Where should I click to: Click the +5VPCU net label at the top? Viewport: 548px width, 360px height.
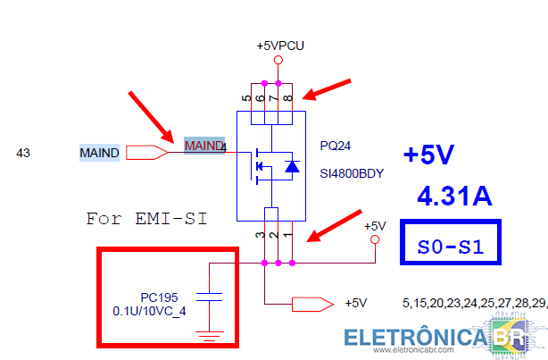pos(280,46)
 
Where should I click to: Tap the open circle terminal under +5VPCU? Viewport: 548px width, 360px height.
pos(278,60)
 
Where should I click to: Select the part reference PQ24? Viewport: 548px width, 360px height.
pos(336,146)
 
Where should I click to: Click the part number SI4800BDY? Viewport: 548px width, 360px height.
pos(352,173)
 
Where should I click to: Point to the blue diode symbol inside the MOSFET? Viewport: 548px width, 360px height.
pos(292,166)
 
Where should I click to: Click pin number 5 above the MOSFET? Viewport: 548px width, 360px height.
pos(246,98)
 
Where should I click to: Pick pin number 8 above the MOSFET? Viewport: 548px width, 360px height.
pos(287,98)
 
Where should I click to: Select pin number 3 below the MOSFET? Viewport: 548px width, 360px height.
pos(260,234)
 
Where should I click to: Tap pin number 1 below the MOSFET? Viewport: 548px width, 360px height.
pos(287,234)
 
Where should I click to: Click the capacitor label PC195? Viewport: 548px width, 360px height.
pos(159,297)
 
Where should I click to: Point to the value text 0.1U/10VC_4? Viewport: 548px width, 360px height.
pos(149,311)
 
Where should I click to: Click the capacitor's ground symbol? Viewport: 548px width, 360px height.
pos(210,336)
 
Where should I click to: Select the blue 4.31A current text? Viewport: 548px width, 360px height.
pos(454,196)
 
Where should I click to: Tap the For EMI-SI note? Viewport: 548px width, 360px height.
pos(146,219)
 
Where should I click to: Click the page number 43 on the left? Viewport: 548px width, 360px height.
pos(23,153)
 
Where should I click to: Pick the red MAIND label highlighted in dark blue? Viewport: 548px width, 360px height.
pos(203,146)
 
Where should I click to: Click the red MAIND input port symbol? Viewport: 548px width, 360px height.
pos(146,153)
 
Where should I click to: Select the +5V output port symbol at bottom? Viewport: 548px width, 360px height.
pos(312,305)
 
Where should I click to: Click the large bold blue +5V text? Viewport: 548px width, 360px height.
pos(428,155)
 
